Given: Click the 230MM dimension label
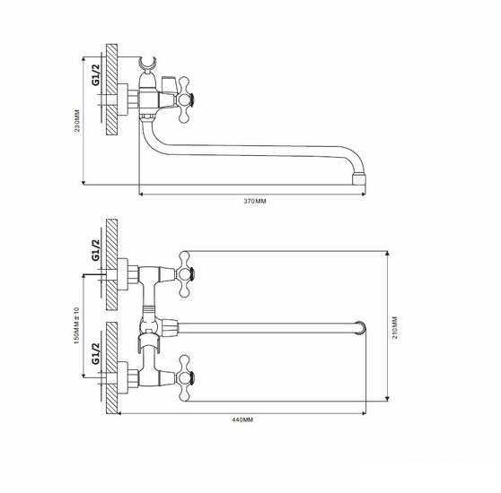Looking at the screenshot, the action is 77,121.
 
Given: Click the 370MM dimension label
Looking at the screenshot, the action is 255,201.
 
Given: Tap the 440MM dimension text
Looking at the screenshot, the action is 242,419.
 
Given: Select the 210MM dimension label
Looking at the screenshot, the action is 395,327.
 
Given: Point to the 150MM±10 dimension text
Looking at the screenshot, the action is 76,325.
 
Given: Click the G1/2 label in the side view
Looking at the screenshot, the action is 96,75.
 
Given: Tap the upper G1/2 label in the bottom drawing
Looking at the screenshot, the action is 96,250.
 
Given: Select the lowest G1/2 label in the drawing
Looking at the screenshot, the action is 96,354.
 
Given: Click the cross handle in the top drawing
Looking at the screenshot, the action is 186,99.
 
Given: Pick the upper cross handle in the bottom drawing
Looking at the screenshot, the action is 186,274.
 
